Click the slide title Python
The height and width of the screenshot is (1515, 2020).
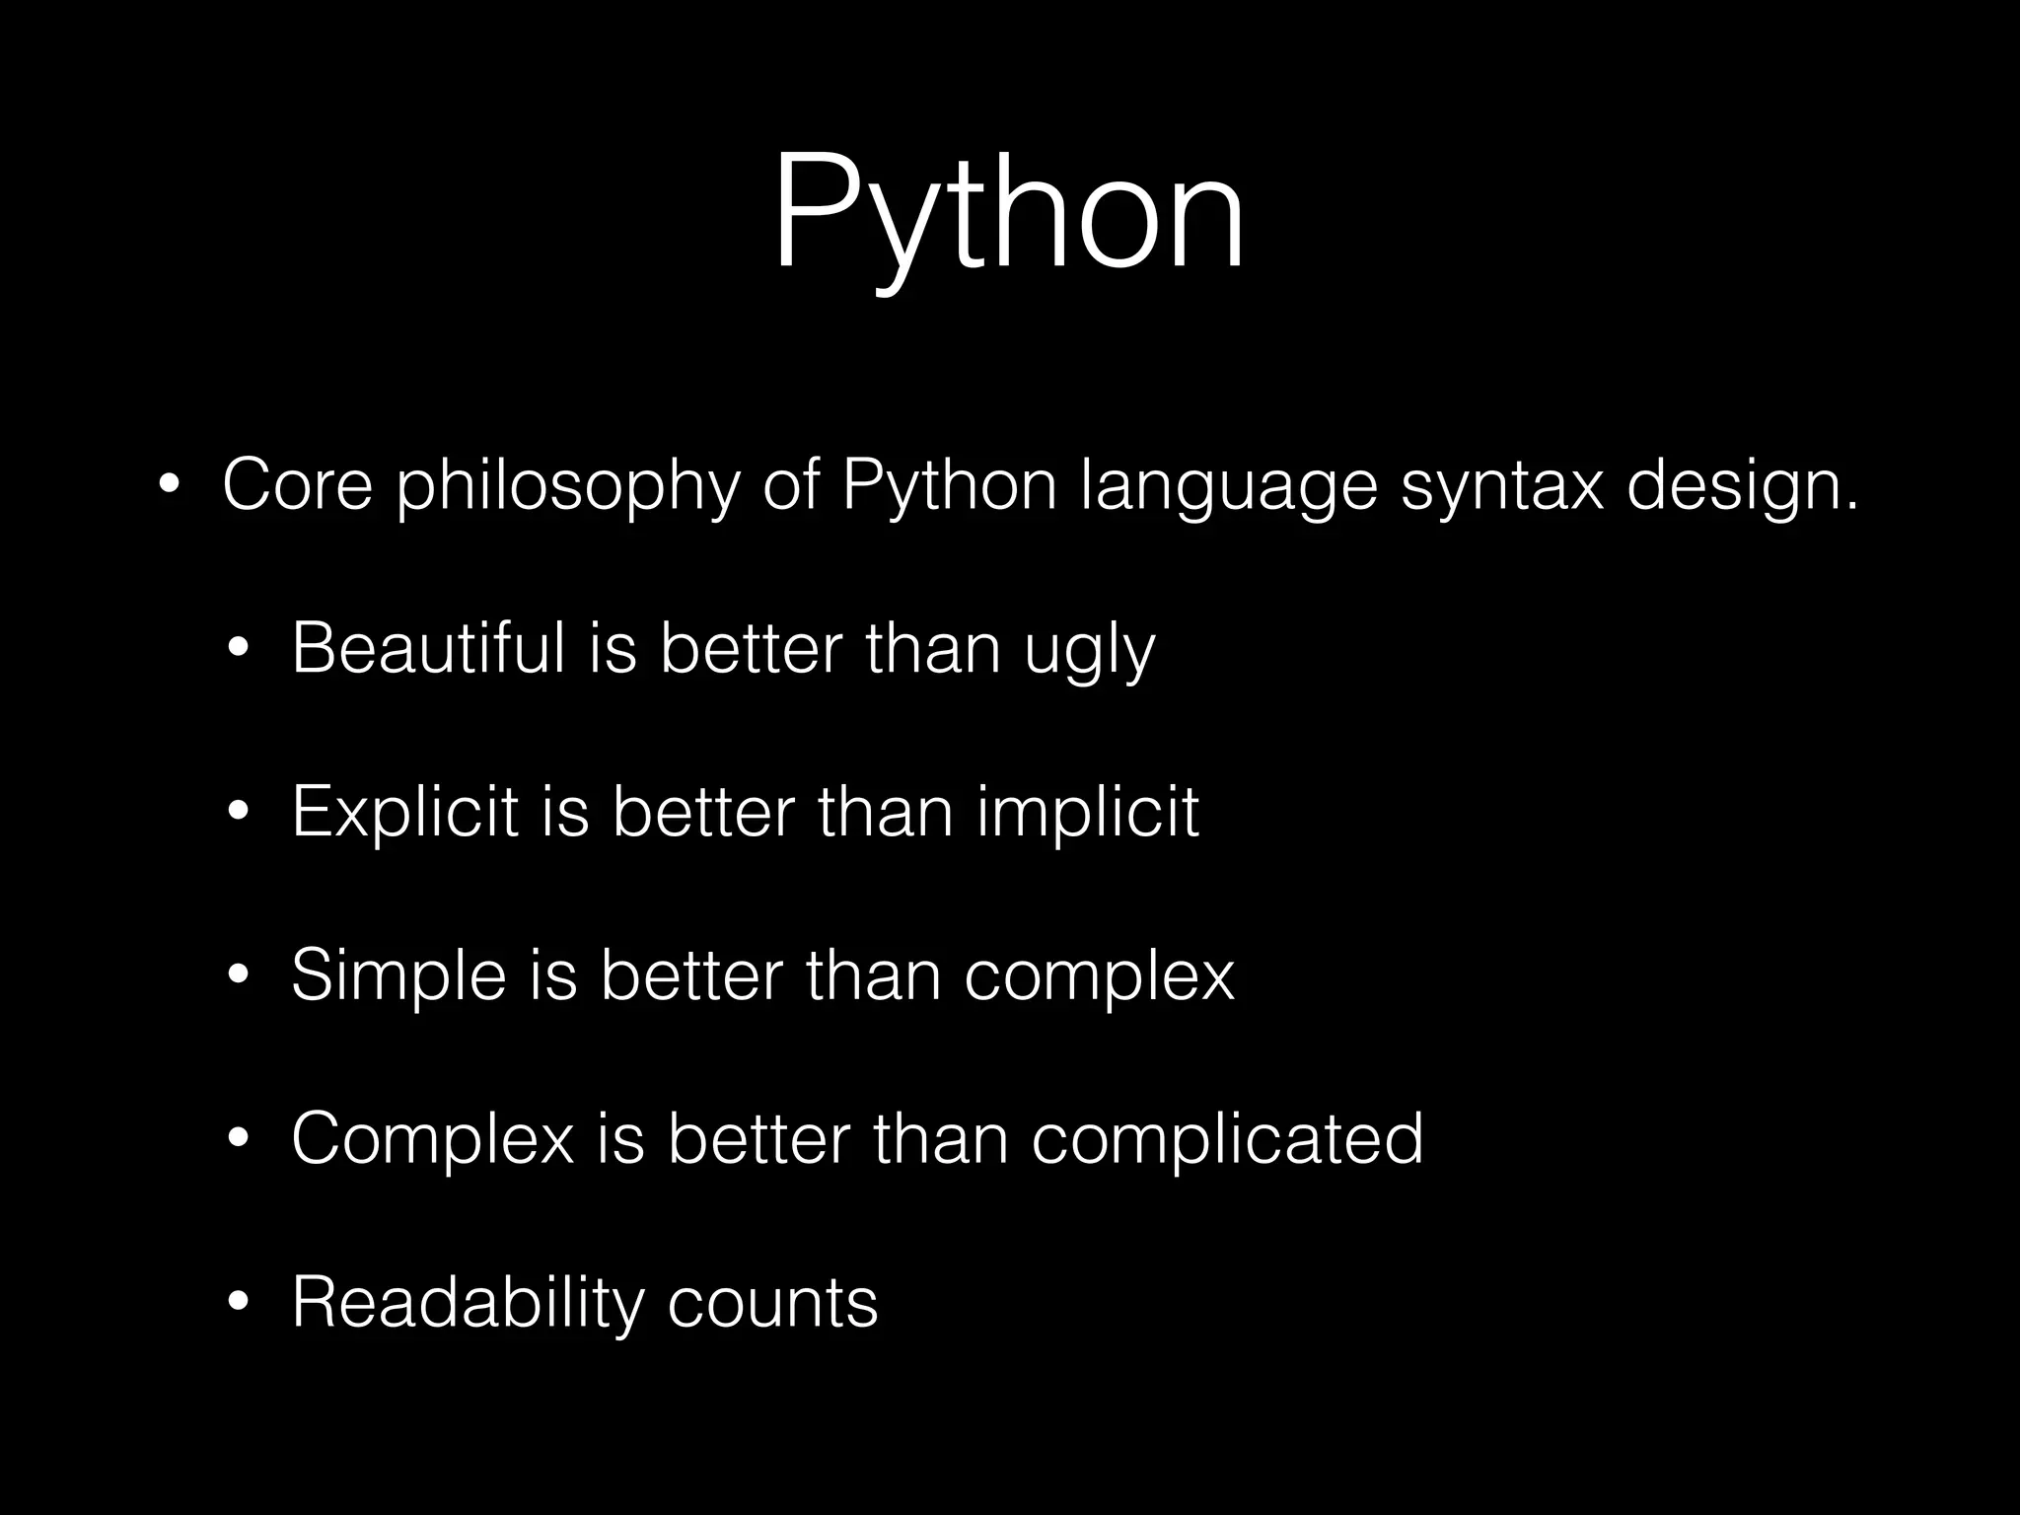coord(1008,212)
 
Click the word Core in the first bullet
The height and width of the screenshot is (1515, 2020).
coord(297,485)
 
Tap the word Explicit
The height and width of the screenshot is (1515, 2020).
coord(404,814)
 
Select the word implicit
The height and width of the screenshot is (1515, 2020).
coord(1088,814)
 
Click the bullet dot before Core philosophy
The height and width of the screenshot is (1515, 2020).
coord(169,486)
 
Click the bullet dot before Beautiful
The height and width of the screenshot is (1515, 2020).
coord(238,650)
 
